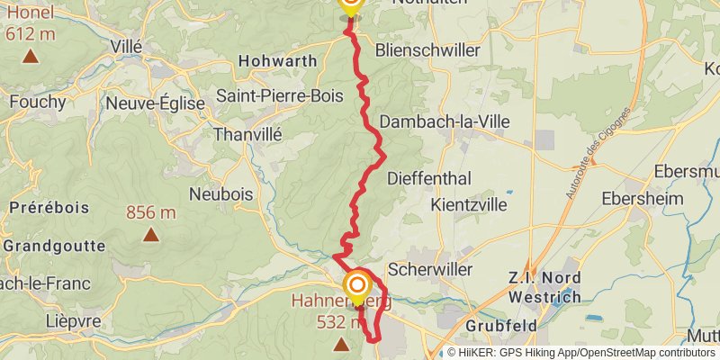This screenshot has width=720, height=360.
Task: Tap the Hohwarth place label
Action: pos(277,61)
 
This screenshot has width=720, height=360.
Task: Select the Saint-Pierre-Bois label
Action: pos(279,95)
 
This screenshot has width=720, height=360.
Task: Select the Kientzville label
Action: pos(473,205)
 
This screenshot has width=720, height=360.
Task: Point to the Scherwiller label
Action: pos(429,269)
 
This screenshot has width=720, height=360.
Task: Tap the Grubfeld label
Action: pos(500,325)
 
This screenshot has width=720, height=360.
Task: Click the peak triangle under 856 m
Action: pos(150,236)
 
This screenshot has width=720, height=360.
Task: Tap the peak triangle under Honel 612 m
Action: pos(30,57)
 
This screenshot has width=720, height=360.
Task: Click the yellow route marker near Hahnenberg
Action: pos(357,288)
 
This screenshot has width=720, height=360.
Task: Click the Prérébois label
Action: pos(49,208)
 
